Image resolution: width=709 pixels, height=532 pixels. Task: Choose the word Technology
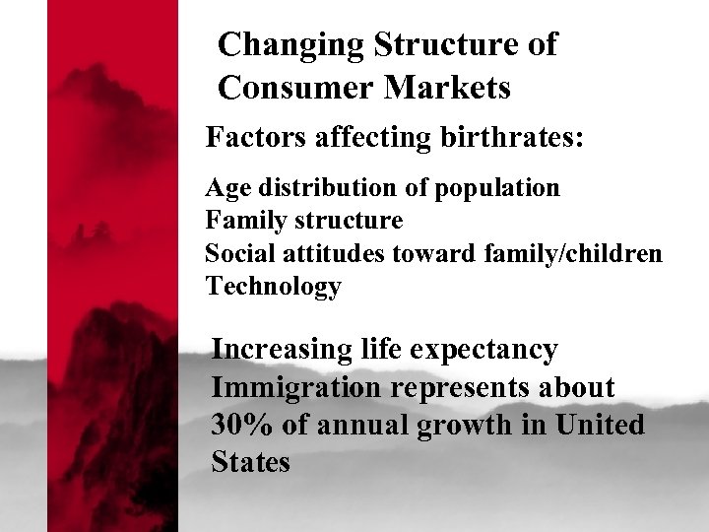273,287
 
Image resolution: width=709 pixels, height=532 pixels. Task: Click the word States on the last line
250,462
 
